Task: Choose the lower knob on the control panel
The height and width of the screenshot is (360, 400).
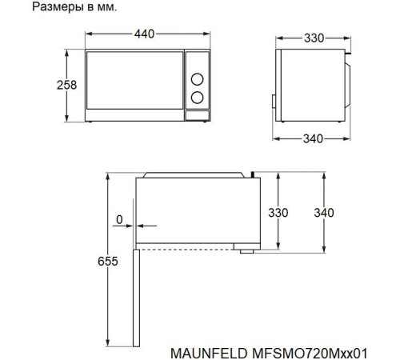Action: tap(196, 98)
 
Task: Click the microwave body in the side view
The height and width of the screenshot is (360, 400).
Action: tap(308, 84)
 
